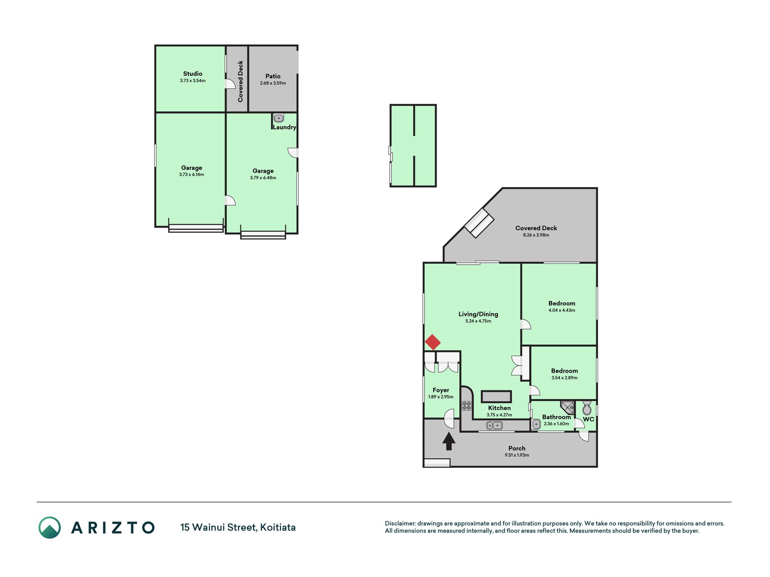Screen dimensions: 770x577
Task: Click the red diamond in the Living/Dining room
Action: [x=433, y=342]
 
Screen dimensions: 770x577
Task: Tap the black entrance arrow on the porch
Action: [x=448, y=441]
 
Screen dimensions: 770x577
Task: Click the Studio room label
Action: [x=193, y=73]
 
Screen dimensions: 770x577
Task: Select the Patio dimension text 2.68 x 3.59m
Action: [x=273, y=83]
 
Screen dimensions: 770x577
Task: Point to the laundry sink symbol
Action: [x=279, y=118]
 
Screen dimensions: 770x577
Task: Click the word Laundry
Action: [x=284, y=127]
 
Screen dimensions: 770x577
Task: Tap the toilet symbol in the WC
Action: [x=587, y=408]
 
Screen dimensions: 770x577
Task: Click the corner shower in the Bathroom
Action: [x=567, y=408]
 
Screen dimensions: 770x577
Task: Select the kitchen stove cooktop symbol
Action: [x=466, y=406]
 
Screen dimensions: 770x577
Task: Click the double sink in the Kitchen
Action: [x=495, y=425]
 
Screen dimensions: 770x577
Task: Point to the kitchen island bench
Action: [x=496, y=397]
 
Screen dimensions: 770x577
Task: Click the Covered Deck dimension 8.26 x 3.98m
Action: [x=536, y=235]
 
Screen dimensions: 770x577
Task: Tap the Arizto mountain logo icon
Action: [x=50, y=527]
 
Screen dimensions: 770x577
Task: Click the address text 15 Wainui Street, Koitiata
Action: [x=238, y=527]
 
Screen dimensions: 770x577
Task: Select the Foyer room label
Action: [x=441, y=390]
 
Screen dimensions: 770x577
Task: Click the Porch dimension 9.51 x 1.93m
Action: [x=517, y=455]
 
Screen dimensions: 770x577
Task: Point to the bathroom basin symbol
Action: [x=536, y=424]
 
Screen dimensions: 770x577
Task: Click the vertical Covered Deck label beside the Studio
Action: [x=240, y=81]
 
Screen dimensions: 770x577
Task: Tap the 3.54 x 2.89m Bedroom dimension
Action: [x=564, y=378]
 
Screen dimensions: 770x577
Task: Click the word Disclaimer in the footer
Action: [x=400, y=523]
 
